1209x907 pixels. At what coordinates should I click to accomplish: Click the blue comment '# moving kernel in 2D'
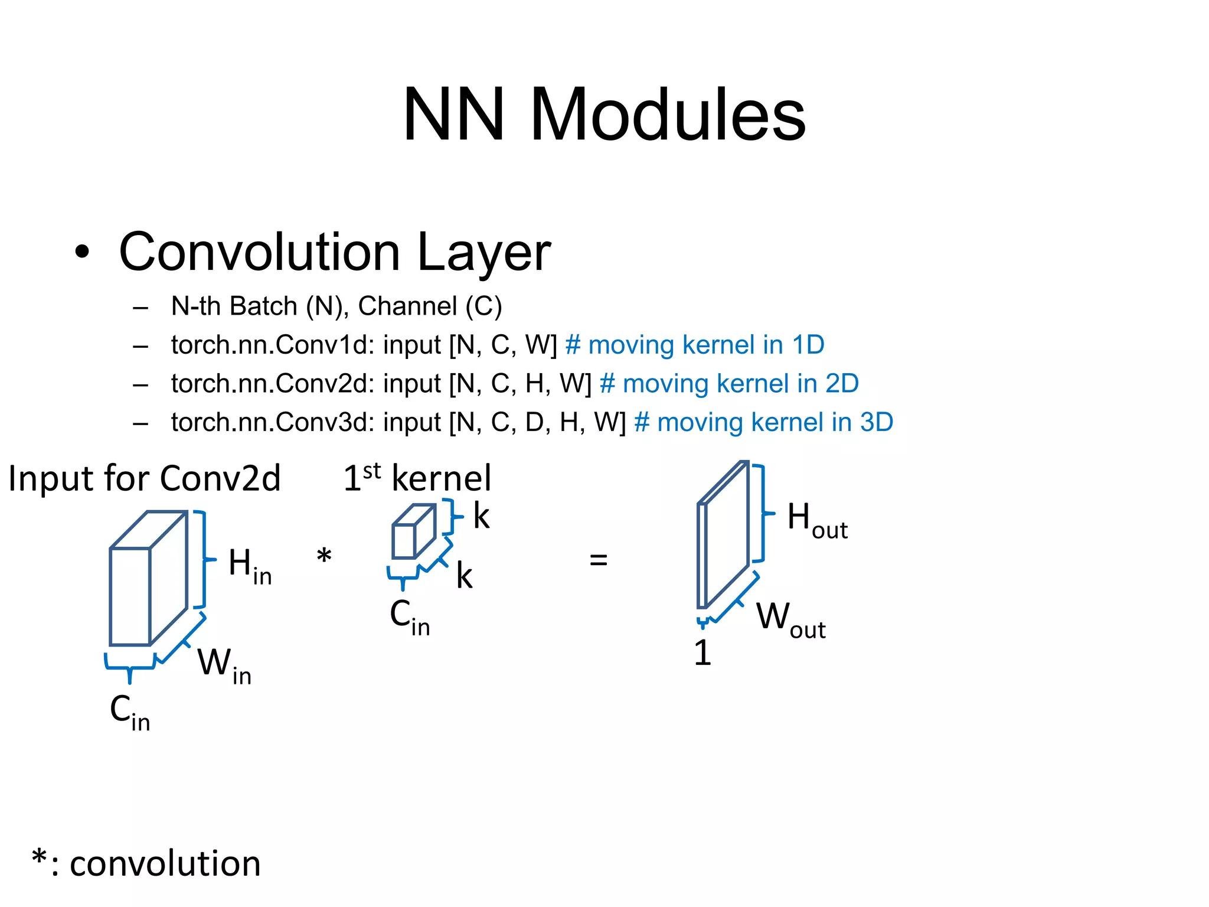click(x=729, y=384)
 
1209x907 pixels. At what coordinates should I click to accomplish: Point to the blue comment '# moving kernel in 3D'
click(x=763, y=423)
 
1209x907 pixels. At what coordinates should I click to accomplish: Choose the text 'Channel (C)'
click(x=430, y=306)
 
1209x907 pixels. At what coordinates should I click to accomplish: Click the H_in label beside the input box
click(x=250, y=566)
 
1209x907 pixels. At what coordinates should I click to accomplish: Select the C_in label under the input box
click(x=130, y=712)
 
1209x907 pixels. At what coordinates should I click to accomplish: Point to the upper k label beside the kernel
click(x=481, y=517)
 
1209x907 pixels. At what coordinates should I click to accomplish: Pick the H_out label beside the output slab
click(x=816, y=520)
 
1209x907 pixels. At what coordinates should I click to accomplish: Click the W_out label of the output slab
click(x=790, y=619)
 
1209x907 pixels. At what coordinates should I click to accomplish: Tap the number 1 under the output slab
click(x=702, y=653)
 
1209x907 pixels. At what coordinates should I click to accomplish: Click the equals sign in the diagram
click(x=598, y=559)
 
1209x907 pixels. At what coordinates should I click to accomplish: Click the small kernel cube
click(x=413, y=532)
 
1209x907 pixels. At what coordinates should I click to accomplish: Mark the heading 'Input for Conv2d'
click(x=145, y=478)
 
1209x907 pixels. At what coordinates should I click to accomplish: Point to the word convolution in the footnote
click(x=165, y=864)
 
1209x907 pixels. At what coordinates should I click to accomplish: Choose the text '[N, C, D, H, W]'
click(x=537, y=423)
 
